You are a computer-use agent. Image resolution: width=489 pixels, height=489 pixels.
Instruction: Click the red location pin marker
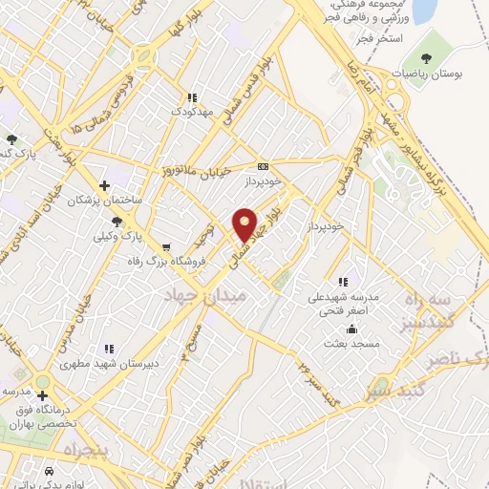[x=245, y=223]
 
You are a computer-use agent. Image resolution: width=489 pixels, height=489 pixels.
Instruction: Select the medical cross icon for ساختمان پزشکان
[x=106, y=183]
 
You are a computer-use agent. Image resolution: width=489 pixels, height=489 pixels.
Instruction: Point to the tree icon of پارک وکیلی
[x=117, y=221]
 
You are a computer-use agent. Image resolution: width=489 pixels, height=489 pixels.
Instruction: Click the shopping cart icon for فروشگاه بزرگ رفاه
[x=167, y=245]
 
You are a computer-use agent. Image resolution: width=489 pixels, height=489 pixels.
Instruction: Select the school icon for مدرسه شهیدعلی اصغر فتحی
[x=343, y=282]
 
